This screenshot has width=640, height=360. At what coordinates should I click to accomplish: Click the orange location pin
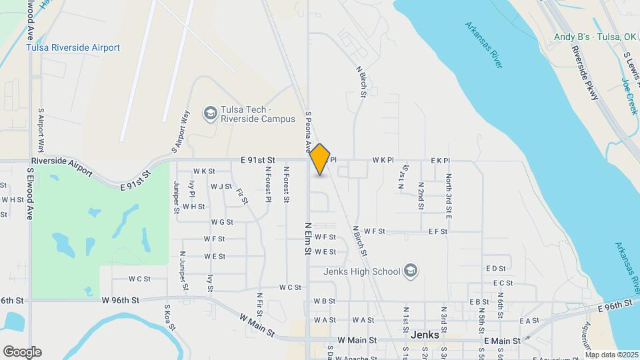[x=320, y=159]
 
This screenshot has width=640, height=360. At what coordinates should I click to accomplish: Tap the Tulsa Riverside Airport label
[x=73, y=47]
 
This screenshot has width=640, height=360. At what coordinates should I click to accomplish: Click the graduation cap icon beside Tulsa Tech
[x=211, y=113]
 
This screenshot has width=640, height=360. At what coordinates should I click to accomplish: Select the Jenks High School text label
[x=361, y=271]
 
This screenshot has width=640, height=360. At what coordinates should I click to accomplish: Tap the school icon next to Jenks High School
[x=411, y=271]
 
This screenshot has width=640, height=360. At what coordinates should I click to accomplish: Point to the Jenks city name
[x=425, y=335]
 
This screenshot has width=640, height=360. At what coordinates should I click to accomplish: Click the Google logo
[x=22, y=352]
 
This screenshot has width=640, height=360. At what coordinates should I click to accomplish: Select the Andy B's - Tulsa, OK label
[x=595, y=37]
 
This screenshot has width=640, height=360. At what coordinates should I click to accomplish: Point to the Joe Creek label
[x=629, y=96]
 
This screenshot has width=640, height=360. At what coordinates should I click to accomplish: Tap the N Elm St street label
[x=308, y=239]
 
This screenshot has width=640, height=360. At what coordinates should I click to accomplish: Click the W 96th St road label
[x=121, y=301]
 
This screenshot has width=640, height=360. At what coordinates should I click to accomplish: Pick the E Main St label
[x=502, y=341]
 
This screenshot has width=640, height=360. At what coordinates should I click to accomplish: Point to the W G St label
[x=222, y=222]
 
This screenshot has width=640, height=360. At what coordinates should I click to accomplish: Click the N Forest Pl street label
[x=267, y=184]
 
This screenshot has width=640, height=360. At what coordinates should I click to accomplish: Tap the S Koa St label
[x=167, y=321]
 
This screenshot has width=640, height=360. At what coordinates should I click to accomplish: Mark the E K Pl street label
[x=441, y=161]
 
